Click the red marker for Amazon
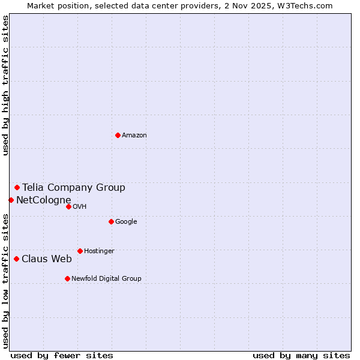(x=118, y=135)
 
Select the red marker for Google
(x=111, y=221)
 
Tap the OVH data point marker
(x=68, y=206)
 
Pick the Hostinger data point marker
(x=80, y=251)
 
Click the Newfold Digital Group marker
(x=67, y=278)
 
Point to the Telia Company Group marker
(x=17, y=187)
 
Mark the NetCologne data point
(x=11, y=200)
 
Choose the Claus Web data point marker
(x=16, y=259)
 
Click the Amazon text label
(x=134, y=136)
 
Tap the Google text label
(x=126, y=222)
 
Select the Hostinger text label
(x=99, y=251)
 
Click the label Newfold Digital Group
(x=106, y=279)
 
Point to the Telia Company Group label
(x=74, y=188)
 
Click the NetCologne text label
(x=44, y=200)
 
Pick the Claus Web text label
(x=47, y=259)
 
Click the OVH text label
(x=80, y=207)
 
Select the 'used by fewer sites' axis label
(x=62, y=355)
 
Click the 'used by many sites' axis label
(x=301, y=355)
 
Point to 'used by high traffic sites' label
(x=5, y=85)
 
